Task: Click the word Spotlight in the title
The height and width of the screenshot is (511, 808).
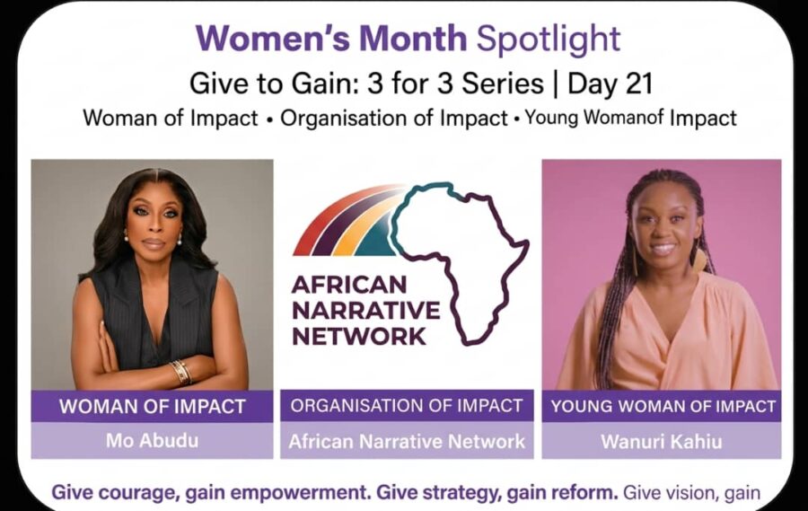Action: point(548,40)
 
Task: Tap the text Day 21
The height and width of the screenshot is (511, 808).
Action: point(610,84)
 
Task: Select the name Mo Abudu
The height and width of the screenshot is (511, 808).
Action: point(152,441)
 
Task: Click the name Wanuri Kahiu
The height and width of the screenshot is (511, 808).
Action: point(661,442)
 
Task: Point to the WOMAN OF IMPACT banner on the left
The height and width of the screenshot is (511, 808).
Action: point(152,406)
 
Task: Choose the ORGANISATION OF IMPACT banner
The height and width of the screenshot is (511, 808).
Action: point(407,406)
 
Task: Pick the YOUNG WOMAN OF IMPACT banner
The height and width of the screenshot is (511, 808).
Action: point(662,406)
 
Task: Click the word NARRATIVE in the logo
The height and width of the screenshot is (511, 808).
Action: point(366,311)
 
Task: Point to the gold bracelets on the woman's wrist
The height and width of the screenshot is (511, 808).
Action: point(181,371)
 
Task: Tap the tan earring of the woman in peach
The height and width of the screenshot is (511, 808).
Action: point(699,260)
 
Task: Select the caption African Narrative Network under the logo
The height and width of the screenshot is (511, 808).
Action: point(407,442)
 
